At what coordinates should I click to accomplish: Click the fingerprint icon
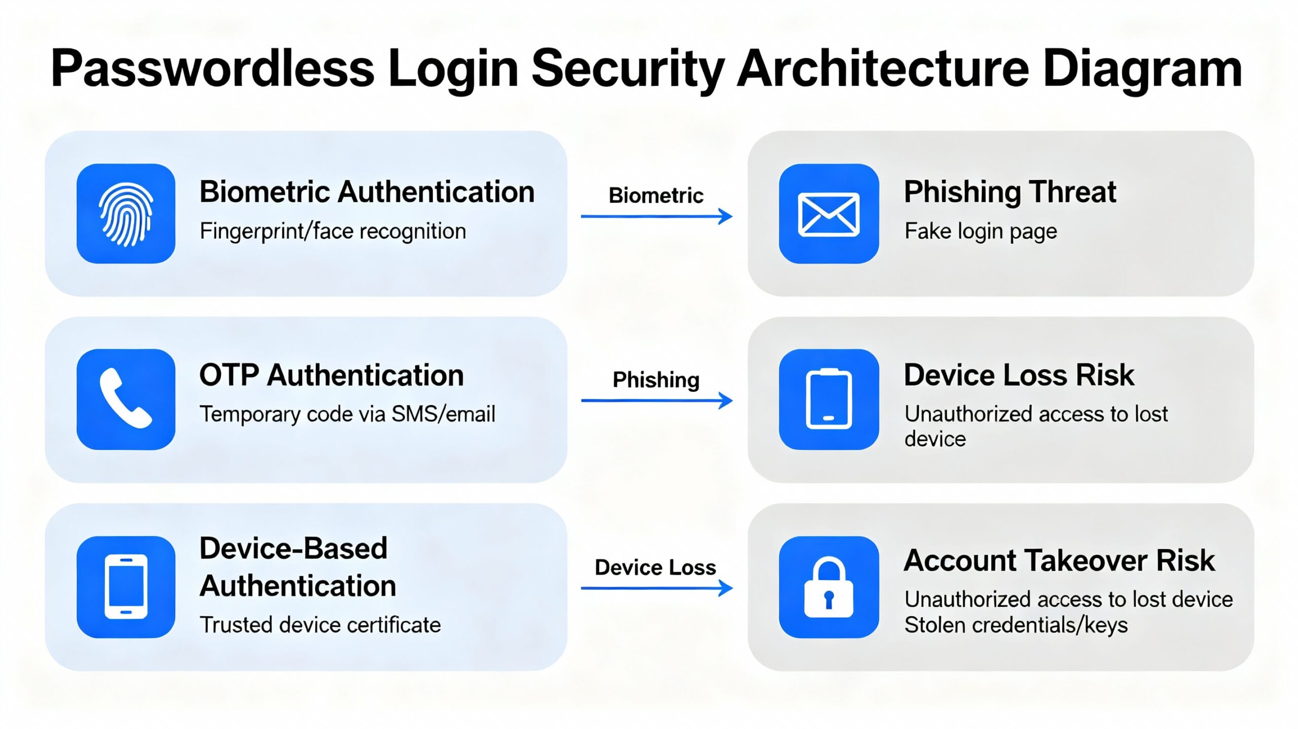126,213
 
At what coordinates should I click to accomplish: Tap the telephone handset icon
126,398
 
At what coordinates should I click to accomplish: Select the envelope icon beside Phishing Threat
828,214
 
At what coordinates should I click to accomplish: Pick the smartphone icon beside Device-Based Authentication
126,587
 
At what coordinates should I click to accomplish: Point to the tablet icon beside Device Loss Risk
828,399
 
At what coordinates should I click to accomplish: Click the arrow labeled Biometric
657,216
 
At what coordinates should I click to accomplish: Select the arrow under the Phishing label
657,400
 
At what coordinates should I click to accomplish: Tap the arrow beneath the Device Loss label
657,588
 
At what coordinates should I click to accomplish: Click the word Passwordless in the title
212,69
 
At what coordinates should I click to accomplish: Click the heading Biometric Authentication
367,192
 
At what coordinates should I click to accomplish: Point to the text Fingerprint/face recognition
333,231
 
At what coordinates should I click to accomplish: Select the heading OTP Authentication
332,376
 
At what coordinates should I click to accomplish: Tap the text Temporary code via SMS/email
347,414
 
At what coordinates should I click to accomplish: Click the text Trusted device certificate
320,625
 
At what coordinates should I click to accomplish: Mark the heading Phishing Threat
1010,192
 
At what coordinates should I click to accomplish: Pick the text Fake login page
981,231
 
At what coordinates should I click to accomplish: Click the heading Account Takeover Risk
1059,561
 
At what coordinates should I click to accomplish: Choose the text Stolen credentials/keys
1016,625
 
